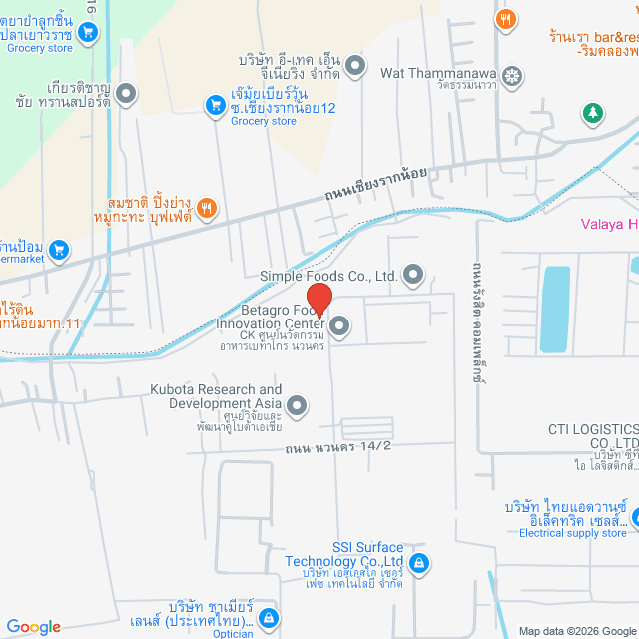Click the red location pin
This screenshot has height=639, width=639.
pyautogui.click(x=319, y=300)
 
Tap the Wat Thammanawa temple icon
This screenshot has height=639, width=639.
pyautogui.click(x=511, y=75)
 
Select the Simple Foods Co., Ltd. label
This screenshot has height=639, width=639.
pyautogui.click(x=328, y=276)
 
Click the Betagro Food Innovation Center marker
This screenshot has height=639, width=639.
pyautogui.click(x=339, y=324)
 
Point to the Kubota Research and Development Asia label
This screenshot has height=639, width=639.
pyautogui.click(x=216, y=396)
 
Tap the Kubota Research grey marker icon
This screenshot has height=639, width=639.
pyautogui.click(x=296, y=405)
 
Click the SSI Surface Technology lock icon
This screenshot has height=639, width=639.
pyautogui.click(x=419, y=563)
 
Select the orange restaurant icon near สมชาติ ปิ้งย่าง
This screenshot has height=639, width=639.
pyautogui.click(x=207, y=208)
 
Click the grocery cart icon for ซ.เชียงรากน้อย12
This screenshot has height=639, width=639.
pyautogui.click(x=214, y=104)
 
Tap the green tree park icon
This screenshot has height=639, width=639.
pyautogui.click(x=593, y=113)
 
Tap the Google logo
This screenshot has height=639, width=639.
pyautogui.click(x=33, y=627)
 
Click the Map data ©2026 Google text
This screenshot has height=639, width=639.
pyautogui.click(x=576, y=631)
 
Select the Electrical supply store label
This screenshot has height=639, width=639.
pyautogui.click(x=573, y=533)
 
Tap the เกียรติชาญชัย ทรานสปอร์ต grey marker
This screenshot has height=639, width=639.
pyautogui.click(x=126, y=95)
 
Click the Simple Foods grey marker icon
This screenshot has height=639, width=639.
pyautogui.click(x=412, y=275)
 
